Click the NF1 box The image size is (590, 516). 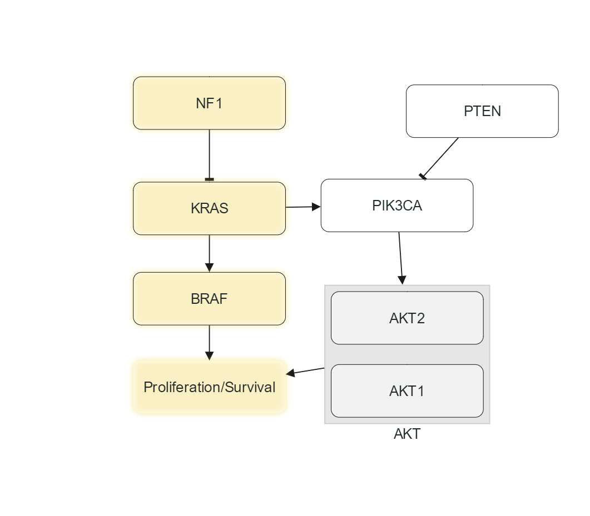click(209, 103)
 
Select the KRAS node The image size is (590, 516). click(209, 208)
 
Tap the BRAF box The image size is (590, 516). click(209, 299)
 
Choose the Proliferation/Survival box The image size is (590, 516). click(209, 387)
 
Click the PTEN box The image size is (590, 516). click(482, 111)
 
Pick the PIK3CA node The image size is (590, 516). click(397, 206)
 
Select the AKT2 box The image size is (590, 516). click(407, 318)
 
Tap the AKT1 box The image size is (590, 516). click(407, 391)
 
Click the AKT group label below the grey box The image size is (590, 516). click(407, 434)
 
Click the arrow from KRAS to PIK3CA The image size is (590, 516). click(303, 207)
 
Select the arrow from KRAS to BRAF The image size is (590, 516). click(209, 253)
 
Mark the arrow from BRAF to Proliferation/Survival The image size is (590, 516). click(209, 342)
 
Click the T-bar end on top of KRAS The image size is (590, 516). click(209, 179)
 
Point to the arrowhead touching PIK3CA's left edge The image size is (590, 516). click(317, 207)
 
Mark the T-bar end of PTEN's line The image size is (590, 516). click(423, 176)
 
